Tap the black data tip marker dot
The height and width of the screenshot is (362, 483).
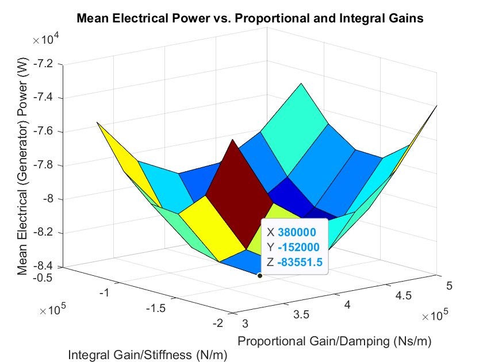pos(260,276)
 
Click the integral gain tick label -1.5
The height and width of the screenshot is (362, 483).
pos(156,309)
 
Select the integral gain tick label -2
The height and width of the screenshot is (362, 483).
pos(217,324)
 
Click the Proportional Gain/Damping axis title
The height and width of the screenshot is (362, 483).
pos(335,341)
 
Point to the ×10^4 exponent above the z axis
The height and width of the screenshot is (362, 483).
pos(44,40)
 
